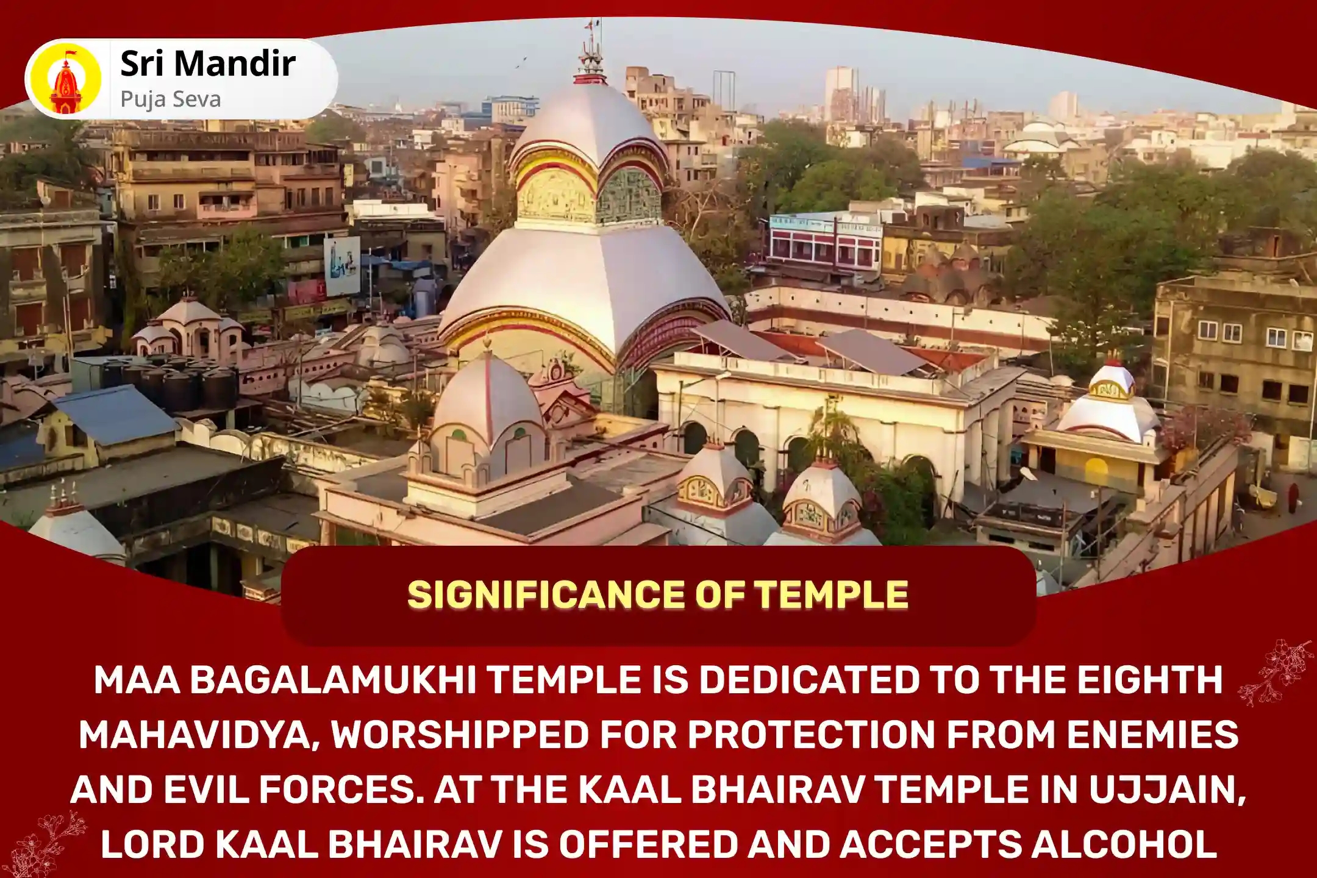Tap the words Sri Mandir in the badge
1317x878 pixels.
[208, 64]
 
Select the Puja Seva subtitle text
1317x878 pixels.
[171, 99]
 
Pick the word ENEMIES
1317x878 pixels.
[1152, 735]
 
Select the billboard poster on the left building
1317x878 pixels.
[341, 266]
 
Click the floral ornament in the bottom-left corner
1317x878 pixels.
[43, 844]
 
